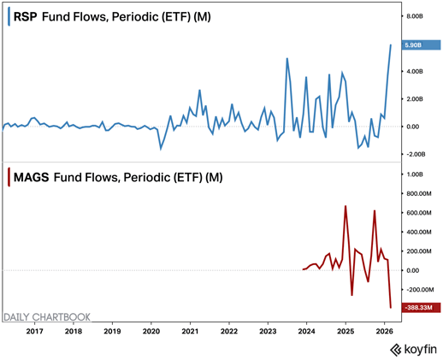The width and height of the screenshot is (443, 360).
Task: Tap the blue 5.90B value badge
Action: [419, 44]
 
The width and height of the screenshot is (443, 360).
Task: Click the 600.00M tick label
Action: [418, 212]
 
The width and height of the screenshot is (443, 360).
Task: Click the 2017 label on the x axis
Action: [35, 330]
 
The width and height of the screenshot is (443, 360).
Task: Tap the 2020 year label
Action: [151, 330]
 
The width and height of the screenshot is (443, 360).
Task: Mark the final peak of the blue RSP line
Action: [390, 45]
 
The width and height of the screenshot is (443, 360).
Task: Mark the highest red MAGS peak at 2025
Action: [346, 206]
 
